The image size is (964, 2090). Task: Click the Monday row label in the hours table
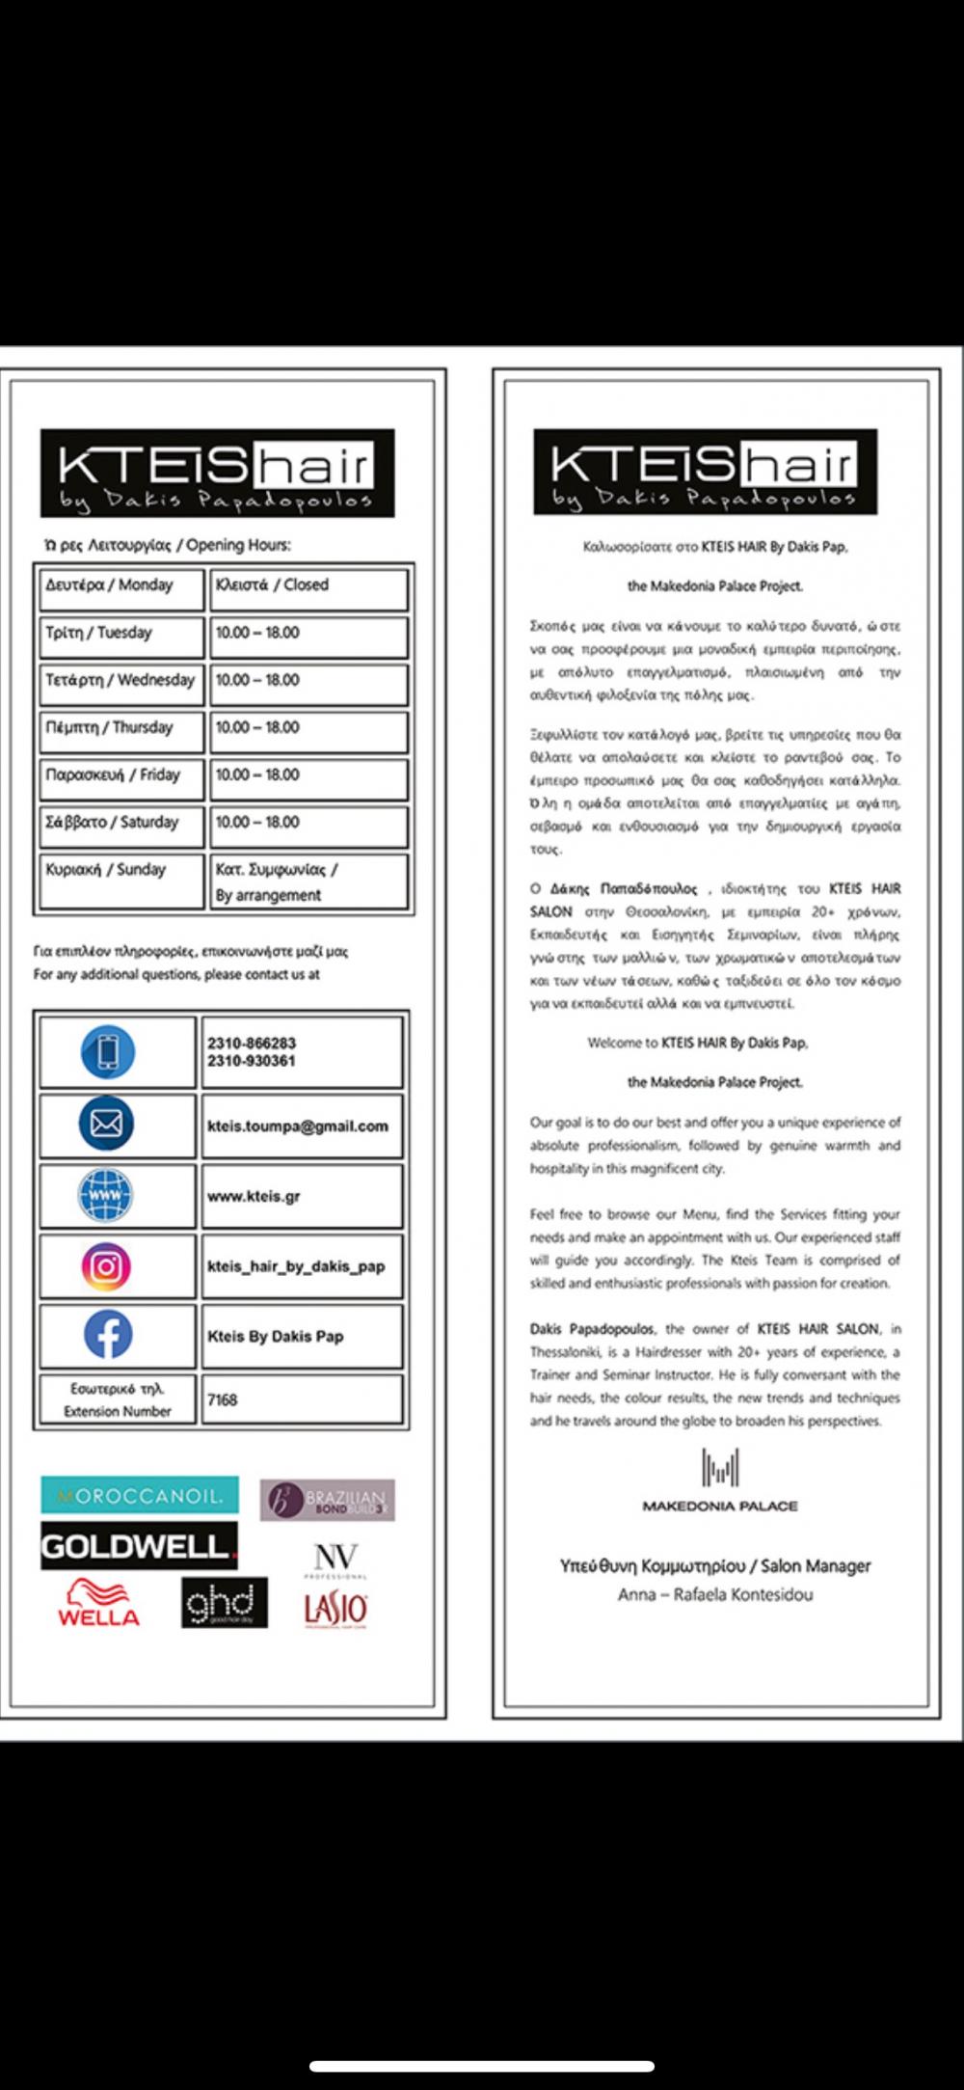(x=109, y=585)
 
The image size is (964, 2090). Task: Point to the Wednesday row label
(x=120, y=680)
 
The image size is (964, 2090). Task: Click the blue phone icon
(x=107, y=1051)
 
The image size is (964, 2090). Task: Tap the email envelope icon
(x=106, y=1124)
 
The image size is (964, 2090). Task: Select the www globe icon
(x=105, y=1196)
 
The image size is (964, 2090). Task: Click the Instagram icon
(x=106, y=1266)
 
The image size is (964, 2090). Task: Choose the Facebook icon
(x=107, y=1336)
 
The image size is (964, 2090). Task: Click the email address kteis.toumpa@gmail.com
(x=297, y=1126)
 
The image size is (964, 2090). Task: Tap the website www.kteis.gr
(x=254, y=1197)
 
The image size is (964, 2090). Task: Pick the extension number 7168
(x=222, y=1399)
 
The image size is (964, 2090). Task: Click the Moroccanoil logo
(x=140, y=1496)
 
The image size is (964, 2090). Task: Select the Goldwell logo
(x=138, y=1546)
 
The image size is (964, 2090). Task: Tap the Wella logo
(x=98, y=1604)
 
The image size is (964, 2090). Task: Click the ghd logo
(x=224, y=1604)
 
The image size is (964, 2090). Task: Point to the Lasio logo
(x=335, y=1609)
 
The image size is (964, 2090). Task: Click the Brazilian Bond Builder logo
(x=328, y=1500)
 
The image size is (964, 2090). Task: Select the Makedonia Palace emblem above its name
(x=719, y=1468)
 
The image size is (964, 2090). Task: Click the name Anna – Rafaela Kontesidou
(x=715, y=1595)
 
